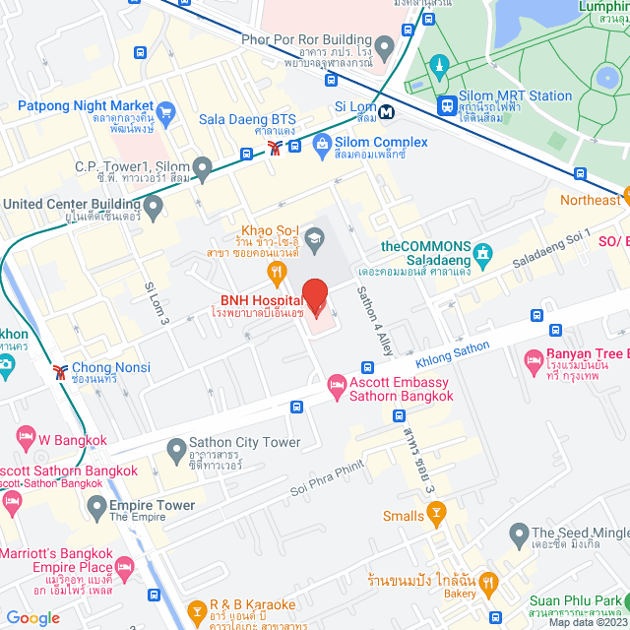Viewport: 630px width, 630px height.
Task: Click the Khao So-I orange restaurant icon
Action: tap(279, 271)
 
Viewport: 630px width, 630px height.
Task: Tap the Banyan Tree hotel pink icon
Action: tap(535, 359)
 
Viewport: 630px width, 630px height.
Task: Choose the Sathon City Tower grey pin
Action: tap(176, 451)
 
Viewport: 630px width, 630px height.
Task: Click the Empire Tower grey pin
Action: tap(96, 507)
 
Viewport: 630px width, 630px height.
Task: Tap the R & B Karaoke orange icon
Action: tap(198, 610)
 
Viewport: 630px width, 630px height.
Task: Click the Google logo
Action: tap(32, 617)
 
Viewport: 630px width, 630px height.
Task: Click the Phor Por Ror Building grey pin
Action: tap(385, 45)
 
